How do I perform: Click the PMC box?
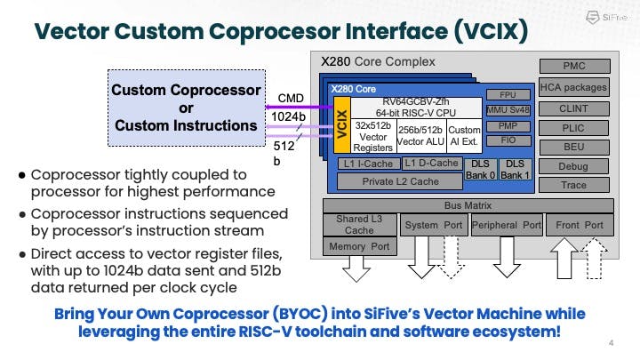click(574, 67)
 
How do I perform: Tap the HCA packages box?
click(574, 87)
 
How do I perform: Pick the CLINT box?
click(574, 108)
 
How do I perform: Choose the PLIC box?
click(574, 127)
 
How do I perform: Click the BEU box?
click(574, 147)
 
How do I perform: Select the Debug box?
click(574, 166)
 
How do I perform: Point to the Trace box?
click(574, 185)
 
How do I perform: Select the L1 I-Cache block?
click(368, 164)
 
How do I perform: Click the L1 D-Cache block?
click(431, 164)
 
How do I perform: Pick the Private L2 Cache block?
click(400, 181)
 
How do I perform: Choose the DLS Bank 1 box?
click(514, 169)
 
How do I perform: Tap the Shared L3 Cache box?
click(359, 224)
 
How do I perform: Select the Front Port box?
click(580, 225)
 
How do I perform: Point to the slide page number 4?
click(612, 343)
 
